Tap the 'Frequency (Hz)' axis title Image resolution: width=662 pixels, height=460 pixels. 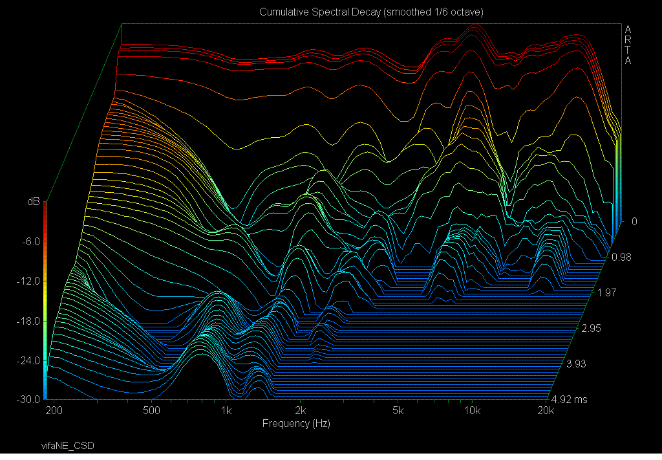(x=296, y=424)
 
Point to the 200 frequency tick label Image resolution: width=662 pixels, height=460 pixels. (x=54, y=411)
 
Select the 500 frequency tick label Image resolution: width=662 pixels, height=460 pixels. (x=151, y=411)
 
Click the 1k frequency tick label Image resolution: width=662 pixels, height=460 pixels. (x=226, y=411)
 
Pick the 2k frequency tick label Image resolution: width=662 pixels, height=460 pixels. (x=300, y=411)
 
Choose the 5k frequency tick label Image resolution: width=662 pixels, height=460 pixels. (x=398, y=411)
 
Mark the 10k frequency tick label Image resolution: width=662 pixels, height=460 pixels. (x=473, y=411)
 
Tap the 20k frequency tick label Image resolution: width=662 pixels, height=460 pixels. (x=546, y=411)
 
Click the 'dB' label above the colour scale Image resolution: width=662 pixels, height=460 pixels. (x=32, y=202)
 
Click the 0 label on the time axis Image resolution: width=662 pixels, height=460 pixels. (x=634, y=221)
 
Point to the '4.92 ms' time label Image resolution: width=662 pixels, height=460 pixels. (x=570, y=399)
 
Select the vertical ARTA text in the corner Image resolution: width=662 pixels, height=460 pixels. (x=627, y=45)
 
